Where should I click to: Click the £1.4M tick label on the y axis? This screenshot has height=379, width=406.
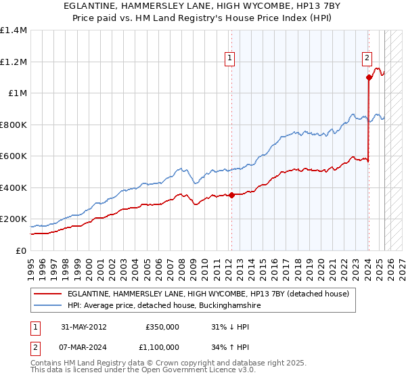coord(14,30)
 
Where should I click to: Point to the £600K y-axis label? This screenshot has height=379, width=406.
coord(14,156)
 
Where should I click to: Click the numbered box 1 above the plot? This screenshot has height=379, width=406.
coord(230,58)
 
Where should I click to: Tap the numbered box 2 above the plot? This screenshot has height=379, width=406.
coord(367,58)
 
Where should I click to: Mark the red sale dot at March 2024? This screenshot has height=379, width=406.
coord(369,77)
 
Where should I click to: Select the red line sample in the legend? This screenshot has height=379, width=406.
coord(49,294)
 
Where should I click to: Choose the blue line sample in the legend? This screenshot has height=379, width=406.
coord(49,306)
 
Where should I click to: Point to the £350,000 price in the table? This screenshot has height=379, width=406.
coord(162,326)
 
